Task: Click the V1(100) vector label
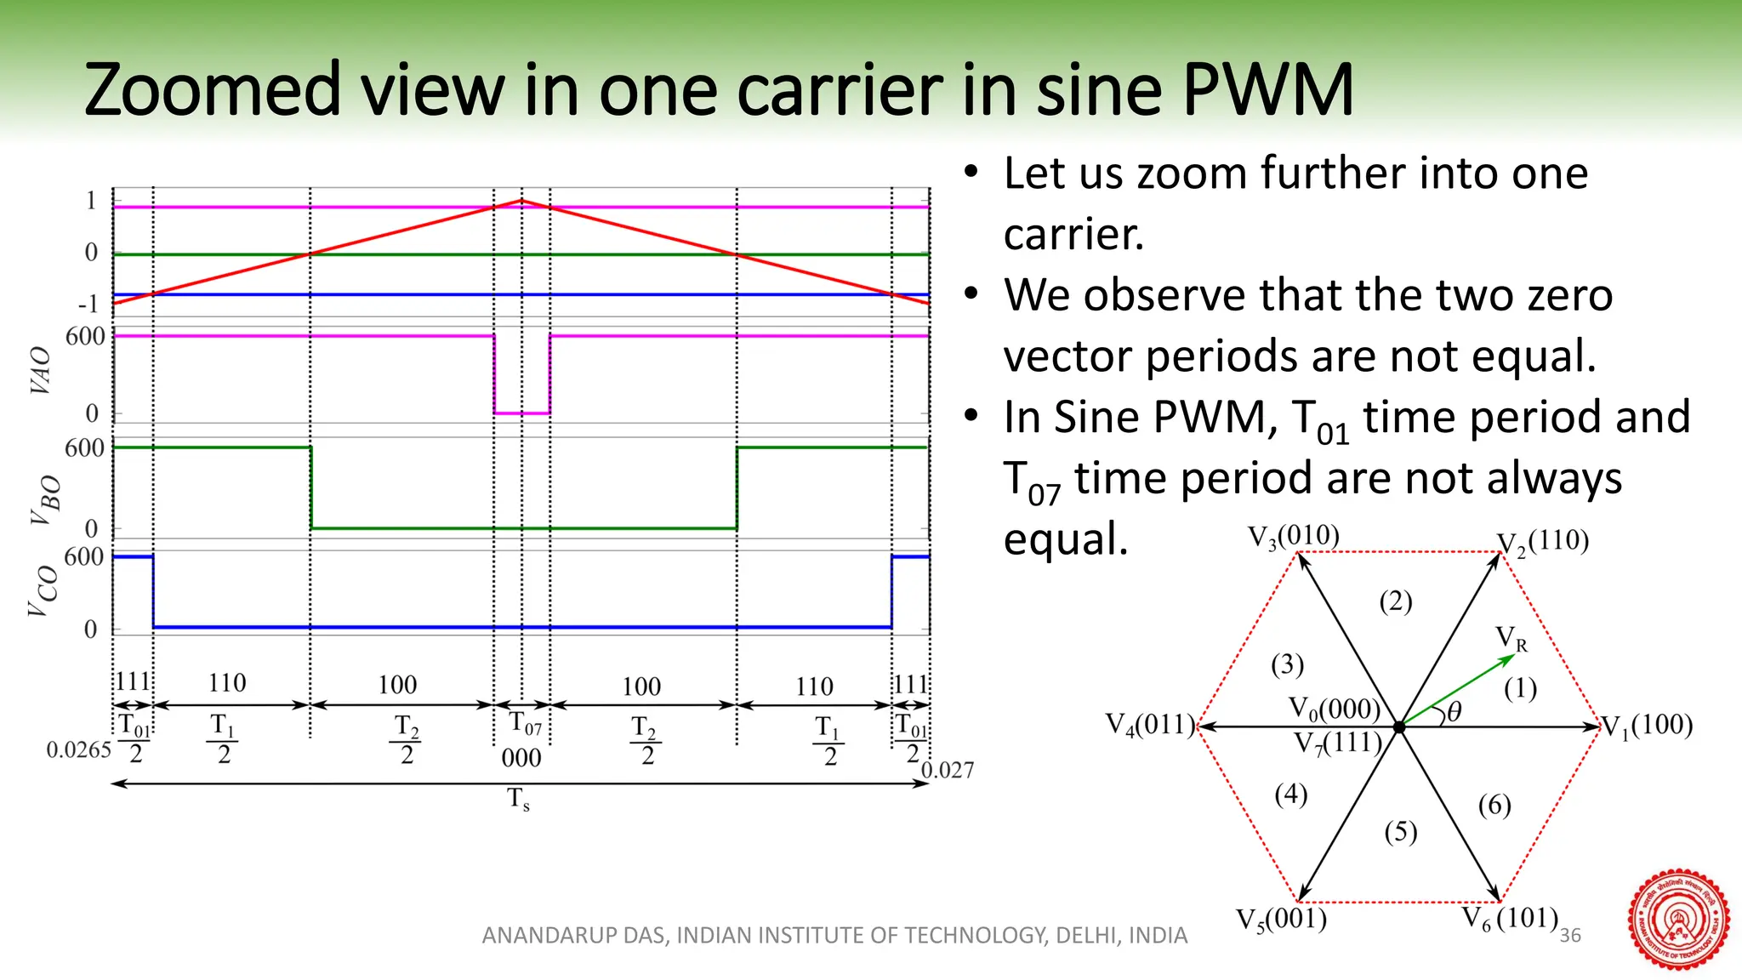point(1648,726)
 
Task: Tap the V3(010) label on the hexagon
point(1293,537)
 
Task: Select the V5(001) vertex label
point(1281,920)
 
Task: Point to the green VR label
point(1511,638)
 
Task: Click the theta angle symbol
point(1454,713)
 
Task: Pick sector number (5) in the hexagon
point(1400,831)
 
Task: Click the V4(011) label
point(1150,726)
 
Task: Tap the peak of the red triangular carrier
point(521,201)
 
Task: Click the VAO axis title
point(40,371)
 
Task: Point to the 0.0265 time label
point(78,750)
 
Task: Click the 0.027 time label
point(948,771)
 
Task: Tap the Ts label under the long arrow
point(518,800)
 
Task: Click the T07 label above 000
point(524,724)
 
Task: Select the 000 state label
point(521,758)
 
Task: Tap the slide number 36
point(1570,936)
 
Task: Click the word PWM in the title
point(1267,90)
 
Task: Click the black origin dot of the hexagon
point(1399,727)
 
